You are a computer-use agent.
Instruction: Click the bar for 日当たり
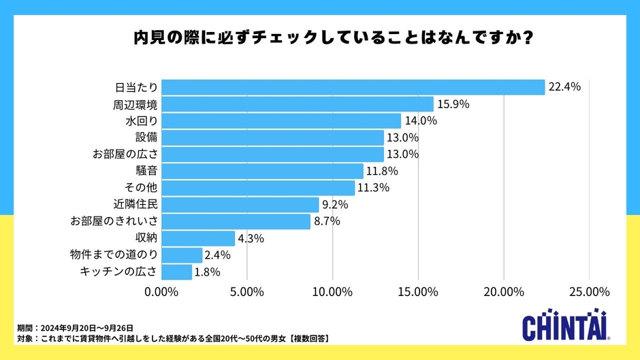353,87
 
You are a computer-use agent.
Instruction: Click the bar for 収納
198,238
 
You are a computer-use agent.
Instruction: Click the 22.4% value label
565,87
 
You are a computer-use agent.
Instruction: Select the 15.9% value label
454,104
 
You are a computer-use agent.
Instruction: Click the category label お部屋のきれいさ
114,221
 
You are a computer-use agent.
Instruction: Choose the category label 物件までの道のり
114,255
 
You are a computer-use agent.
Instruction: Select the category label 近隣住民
135,204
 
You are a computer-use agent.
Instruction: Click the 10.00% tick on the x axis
332,291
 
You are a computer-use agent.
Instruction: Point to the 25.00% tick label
588,291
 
